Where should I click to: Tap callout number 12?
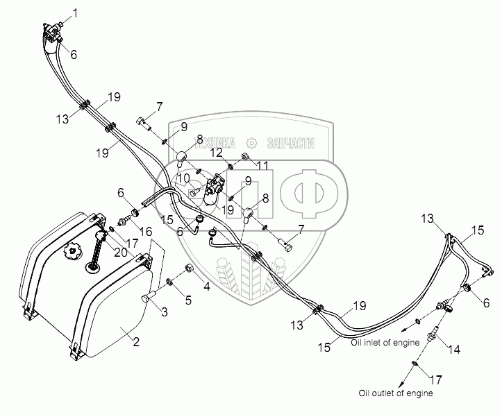[x=217, y=153]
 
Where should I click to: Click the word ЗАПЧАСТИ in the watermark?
[x=290, y=142]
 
